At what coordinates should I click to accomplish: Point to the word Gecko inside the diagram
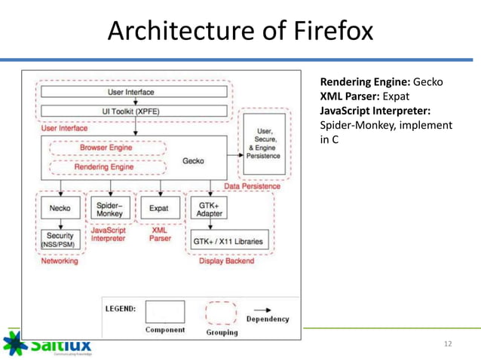coord(194,160)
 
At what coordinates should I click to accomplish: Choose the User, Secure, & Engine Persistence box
coord(263,143)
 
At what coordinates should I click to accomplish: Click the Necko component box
coord(55,208)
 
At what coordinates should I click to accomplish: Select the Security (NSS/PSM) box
coord(55,240)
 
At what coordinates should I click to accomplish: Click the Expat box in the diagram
coord(160,208)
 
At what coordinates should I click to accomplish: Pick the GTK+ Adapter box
coord(209,208)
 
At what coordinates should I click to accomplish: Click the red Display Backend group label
coord(226,261)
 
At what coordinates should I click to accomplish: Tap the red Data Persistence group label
coord(253,185)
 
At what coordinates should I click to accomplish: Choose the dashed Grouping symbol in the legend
coord(221,312)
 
